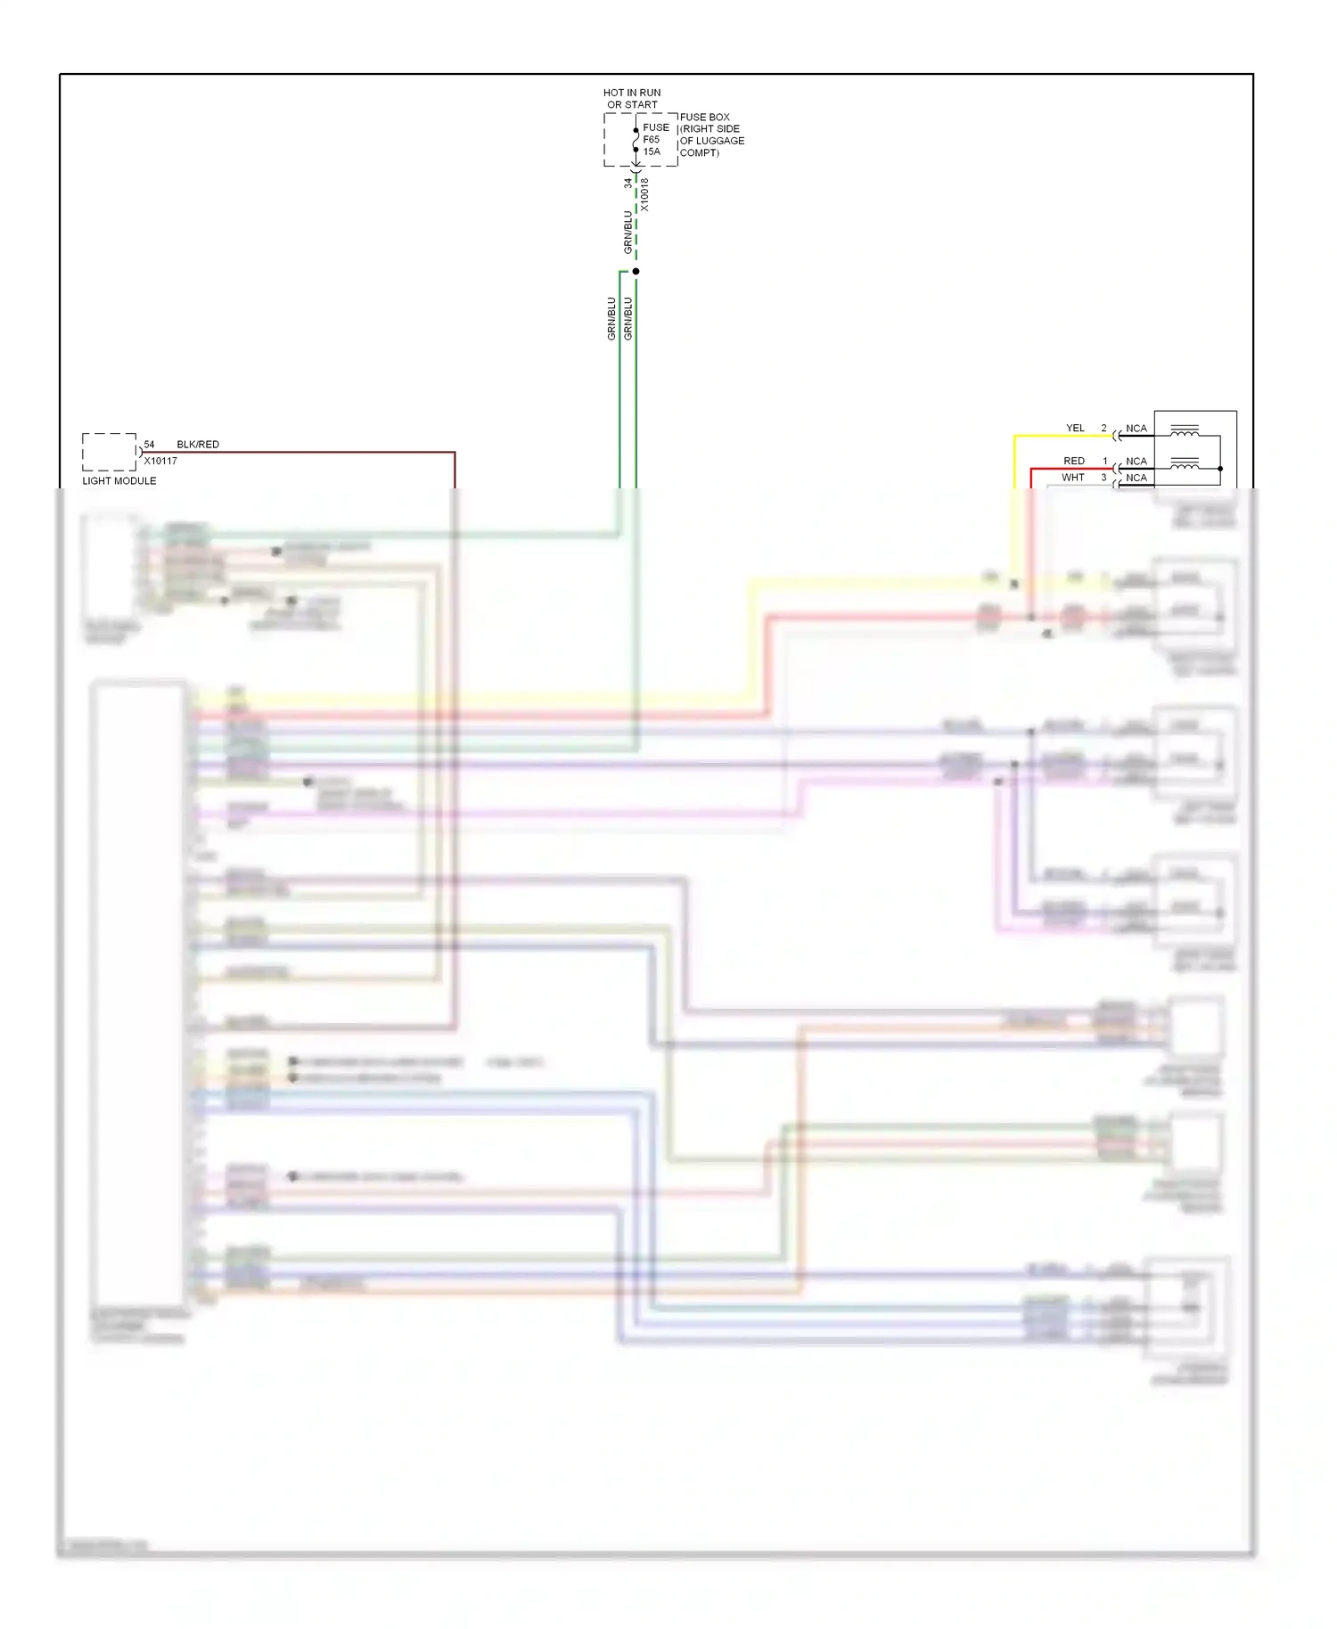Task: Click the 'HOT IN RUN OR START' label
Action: click(x=632, y=98)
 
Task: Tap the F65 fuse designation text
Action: click(x=652, y=140)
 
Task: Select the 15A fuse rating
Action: click(x=652, y=151)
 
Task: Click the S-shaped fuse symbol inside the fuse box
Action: click(x=636, y=140)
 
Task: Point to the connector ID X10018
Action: click(x=644, y=195)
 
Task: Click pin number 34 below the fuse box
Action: click(x=627, y=183)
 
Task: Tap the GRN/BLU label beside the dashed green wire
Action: click(x=627, y=232)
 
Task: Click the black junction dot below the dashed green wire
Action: click(x=636, y=271)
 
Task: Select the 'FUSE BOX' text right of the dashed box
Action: click(x=704, y=117)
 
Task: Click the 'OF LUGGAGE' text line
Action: click(x=712, y=141)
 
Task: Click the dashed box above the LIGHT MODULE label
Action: click(x=110, y=452)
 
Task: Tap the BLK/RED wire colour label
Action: click(x=198, y=444)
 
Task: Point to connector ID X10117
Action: click(x=160, y=461)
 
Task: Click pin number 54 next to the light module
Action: click(x=149, y=444)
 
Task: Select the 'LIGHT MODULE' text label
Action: click(x=119, y=481)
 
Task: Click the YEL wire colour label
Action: click(x=1076, y=428)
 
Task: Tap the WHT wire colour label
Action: click(x=1073, y=478)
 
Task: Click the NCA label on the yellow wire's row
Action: click(x=1136, y=428)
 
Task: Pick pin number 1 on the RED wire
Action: click(x=1105, y=461)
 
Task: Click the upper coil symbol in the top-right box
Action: click(x=1185, y=430)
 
